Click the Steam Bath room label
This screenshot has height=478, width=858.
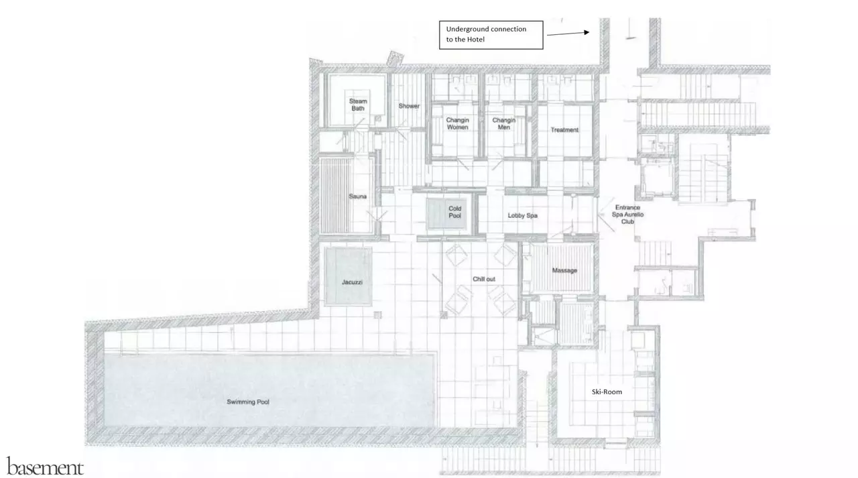[358, 105]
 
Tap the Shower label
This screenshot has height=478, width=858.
[409, 106]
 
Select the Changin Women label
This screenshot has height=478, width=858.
[457, 123]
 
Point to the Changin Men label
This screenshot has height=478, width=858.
[503, 123]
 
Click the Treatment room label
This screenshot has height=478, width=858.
[564, 130]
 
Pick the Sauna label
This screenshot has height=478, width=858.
[357, 196]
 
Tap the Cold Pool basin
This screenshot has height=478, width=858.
[446, 214]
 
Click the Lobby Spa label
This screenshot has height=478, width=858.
[522, 216]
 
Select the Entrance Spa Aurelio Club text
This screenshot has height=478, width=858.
[627, 215]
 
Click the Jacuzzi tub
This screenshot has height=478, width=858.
[348, 276]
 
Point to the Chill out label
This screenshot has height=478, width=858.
[484, 279]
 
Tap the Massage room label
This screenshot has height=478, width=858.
[564, 270]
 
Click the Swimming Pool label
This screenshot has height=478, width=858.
[248, 402]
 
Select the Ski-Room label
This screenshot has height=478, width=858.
[607, 392]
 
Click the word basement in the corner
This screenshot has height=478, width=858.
[45, 467]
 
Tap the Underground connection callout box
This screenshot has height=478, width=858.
[491, 35]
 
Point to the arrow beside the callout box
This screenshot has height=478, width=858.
[568, 34]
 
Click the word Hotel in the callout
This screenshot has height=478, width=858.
[476, 40]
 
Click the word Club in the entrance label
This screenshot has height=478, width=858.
[627, 222]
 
